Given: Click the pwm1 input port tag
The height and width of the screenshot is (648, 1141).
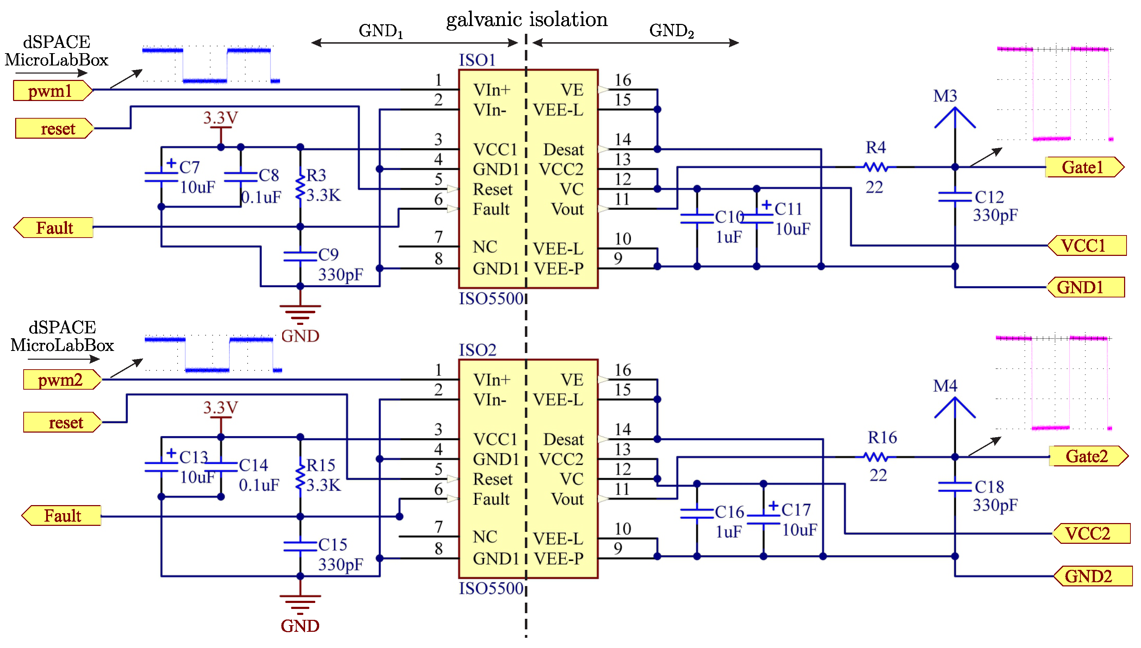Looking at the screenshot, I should click(x=52, y=91).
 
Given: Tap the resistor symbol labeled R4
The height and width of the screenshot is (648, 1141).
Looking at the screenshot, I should click(x=876, y=167).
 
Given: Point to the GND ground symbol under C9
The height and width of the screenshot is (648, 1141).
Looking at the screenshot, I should click(x=300, y=313).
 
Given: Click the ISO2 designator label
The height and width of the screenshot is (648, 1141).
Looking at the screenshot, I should click(x=477, y=350).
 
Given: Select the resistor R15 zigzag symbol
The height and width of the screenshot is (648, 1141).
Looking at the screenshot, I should click(x=300, y=476).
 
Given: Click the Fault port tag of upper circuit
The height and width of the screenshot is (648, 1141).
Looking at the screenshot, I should click(x=54, y=228).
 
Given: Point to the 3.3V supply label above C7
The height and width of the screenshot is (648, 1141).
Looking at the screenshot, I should click(x=221, y=118).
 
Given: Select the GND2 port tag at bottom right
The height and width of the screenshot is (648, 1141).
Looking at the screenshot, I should click(x=1092, y=576).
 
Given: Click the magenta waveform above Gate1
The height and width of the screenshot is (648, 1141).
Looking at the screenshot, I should click(x=1053, y=94).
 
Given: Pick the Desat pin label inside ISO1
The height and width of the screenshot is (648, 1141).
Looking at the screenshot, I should click(x=563, y=150).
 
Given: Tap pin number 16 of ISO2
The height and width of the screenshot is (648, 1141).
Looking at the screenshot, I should click(x=622, y=369).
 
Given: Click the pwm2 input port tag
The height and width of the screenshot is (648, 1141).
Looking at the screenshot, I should click(x=61, y=380).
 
